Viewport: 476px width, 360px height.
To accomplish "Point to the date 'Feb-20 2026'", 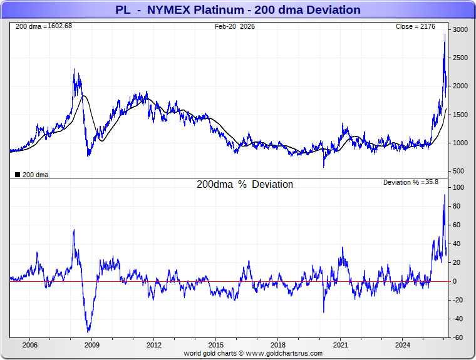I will tap(235, 26).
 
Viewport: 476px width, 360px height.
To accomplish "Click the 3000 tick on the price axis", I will tap(461, 29).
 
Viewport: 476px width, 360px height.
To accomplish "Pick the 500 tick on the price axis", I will tap(458, 171).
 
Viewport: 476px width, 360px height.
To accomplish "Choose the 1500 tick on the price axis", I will tap(461, 115).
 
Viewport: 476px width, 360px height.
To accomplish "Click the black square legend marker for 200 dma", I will tap(17, 175).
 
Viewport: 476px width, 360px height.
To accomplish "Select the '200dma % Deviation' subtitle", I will tap(245, 185).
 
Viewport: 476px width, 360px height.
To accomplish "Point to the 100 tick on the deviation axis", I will tap(458, 187).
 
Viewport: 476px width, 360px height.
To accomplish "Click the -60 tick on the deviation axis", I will tap(458, 337).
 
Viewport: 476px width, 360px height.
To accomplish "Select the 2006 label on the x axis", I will tap(29, 345).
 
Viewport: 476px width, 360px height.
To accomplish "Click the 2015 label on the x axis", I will tap(216, 345).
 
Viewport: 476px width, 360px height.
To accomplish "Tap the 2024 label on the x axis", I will tap(403, 345).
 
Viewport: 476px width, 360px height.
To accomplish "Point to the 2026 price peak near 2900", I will tap(445, 34).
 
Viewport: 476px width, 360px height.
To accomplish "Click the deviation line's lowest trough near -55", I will tap(89, 332).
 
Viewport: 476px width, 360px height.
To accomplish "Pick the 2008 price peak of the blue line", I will tap(74, 69).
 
